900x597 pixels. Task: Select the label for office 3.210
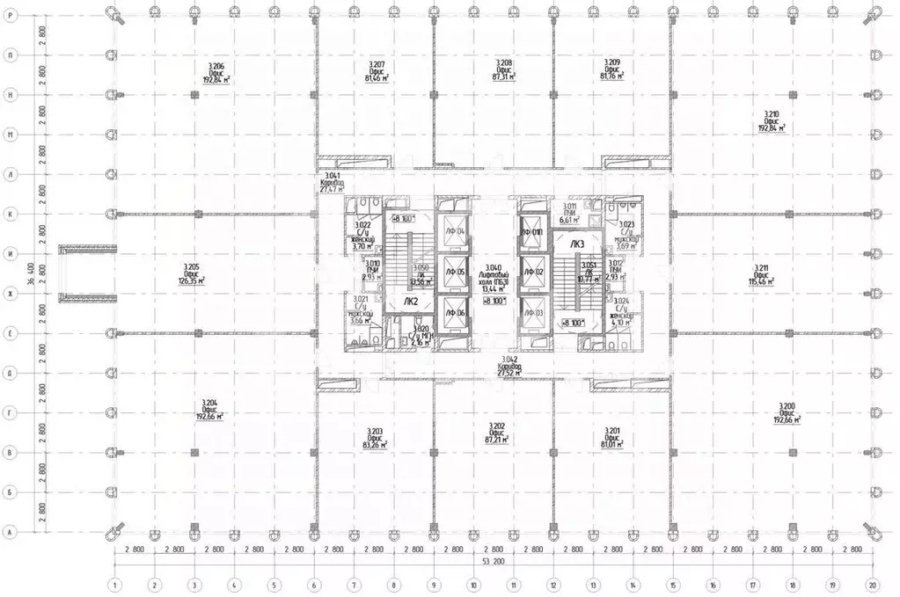coord(772,120)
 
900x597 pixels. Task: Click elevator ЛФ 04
coord(455,230)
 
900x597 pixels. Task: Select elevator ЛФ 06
coord(455,313)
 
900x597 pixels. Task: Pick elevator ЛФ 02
coord(533,273)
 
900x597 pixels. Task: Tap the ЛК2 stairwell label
coord(410,301)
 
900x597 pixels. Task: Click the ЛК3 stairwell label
coord(577,244)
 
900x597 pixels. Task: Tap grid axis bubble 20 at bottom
coord(873,583)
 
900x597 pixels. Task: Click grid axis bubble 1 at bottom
coord(114,583)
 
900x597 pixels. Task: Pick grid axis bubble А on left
coord(9,532)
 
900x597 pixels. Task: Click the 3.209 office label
coord(612,69)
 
